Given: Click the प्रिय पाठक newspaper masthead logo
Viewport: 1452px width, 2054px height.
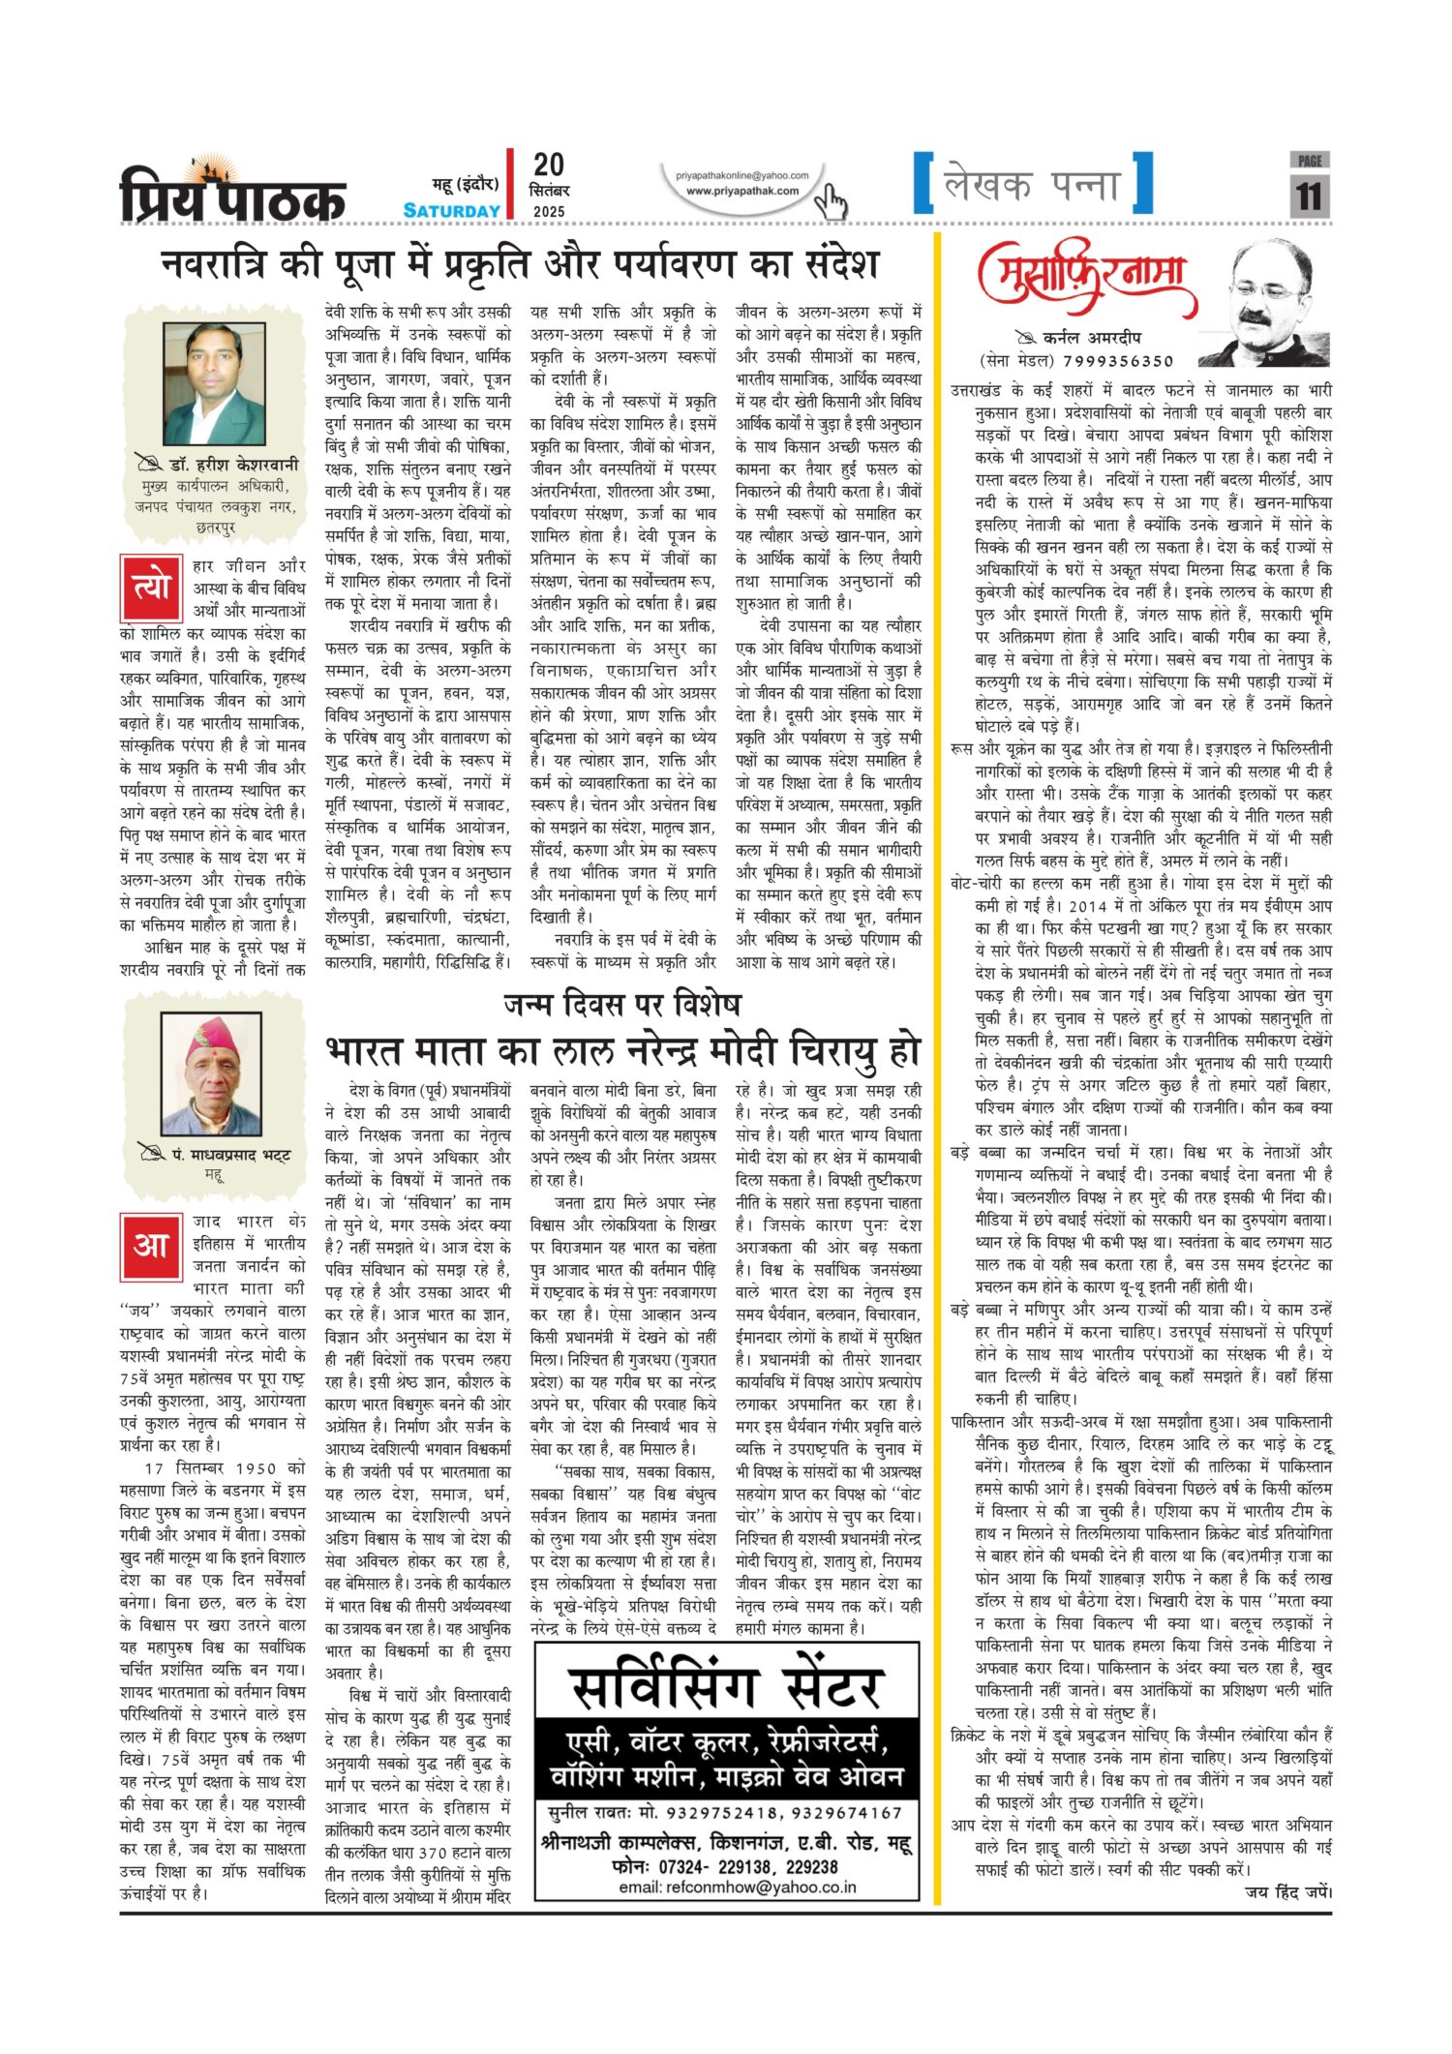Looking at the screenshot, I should [x=232, y=192].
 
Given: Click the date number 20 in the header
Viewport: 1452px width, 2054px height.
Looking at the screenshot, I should [x=549, y=165].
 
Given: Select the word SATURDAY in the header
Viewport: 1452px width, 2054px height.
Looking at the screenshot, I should [x=452, y=211].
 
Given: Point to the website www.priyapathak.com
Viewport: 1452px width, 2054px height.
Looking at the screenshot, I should [x=742, y=191].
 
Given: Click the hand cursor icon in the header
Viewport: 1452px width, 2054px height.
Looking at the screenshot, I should [x=831, y=200].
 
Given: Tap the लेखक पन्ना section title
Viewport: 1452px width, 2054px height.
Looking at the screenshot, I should [x=1032, y=184].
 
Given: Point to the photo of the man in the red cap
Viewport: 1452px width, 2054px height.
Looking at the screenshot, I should [x=212, y=1074].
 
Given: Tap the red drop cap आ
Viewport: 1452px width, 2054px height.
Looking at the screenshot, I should [x=152, y=1246].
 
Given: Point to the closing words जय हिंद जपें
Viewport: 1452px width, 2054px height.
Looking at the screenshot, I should [x=1288, y=1892].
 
